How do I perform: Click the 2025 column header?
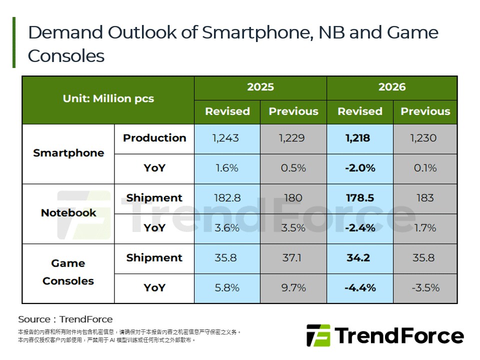point(260,87)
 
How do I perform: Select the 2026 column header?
point(391,87)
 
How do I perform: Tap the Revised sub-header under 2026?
point(359,111)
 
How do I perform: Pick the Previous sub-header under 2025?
point(293,111)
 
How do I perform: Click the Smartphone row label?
point(68,153)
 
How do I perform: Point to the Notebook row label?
point(68,213)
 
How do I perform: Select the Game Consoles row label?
point(68,272)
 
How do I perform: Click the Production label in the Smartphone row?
point(154,138)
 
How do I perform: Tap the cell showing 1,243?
point(227,138)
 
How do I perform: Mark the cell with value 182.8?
point(227,198)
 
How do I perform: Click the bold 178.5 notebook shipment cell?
point(360,198)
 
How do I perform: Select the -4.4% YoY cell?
point(360,288)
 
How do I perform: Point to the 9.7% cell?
point(293,288)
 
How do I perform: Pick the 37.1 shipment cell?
point(293,258)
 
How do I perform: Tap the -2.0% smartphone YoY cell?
point(360,168)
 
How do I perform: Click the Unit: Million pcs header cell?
point(108,98)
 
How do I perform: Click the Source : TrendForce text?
point(65,319)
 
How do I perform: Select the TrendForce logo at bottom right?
point(384,335)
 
